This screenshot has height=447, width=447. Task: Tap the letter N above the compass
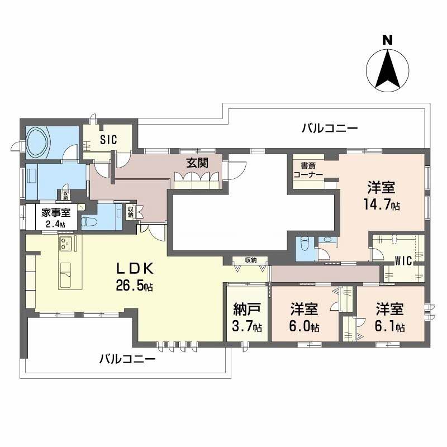[x=387, y=40]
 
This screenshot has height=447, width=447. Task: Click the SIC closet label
[x=108, y=140]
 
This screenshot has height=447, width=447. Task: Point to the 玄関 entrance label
[x=197, y=163]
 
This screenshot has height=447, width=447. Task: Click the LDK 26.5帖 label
[x=135, y=277]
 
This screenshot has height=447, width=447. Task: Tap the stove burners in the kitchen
[x=66, y=243]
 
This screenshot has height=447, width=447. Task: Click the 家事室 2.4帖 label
[x=56, y=217]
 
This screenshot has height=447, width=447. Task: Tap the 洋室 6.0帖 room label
[x=305, y=317]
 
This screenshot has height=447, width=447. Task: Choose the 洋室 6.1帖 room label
[x=389, y=317]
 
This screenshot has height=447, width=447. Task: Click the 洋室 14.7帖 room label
[x=381, y=196]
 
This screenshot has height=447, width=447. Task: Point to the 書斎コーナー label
[x=308, y=170]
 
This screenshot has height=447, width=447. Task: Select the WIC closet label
[x=403, y=260]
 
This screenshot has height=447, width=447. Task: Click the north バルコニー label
[x=330, y=129]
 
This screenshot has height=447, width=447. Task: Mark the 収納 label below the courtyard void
[x=251, y=260]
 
